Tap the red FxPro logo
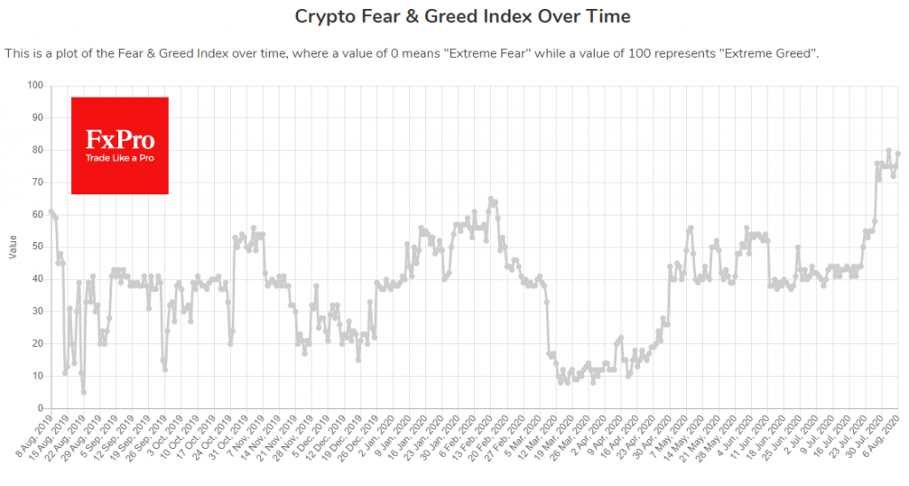(x=120, y=145)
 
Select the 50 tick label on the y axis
(x=36, y=247)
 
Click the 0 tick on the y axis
(x=39, y=408)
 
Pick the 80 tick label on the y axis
(x=36, y=150)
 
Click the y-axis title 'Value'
(x=12, y=247)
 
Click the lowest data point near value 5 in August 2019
(x=83, y=392)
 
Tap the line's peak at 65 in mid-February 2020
(x=491, y=199)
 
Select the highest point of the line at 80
(x=889, y=151)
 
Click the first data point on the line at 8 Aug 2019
(x=51, y=211)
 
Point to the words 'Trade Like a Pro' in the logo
(x=119, y=158)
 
